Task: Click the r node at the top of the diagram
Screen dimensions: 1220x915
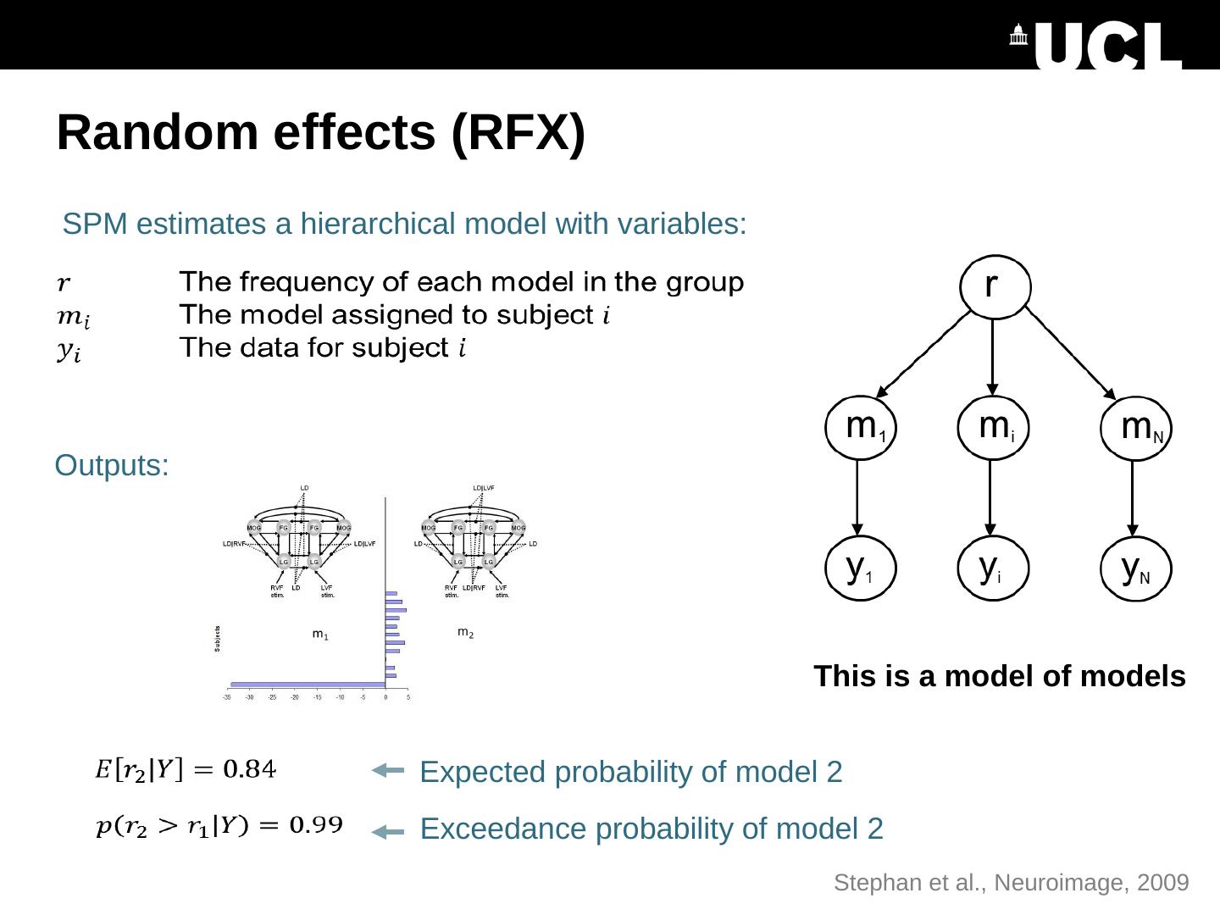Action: pyautogui.click(x=995, y=286)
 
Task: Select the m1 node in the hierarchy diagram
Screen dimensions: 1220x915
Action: pyautogui.click(x=861, y=427)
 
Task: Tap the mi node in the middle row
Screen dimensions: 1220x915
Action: pyautogui.click(x=993, y=427)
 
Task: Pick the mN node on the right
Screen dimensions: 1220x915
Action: pyautogui.click(x=1137, y=429)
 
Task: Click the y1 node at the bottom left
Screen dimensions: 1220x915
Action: pyautogui.click(x=860, y=568)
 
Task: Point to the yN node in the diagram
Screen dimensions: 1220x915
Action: pyautogui.click(x=1136, y=568)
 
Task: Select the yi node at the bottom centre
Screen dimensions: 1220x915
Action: pyautogui.click(x=992, y=568)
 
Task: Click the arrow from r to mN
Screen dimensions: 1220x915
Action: pyautogui.click(x=1070, y=352)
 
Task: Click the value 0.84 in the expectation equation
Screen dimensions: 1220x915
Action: pyautogui.click(x=249, y=769)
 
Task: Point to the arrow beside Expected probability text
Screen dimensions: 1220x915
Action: pyautogui.click(x=388, y=770)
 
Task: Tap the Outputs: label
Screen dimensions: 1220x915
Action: pyautogui.click(x=112, y=466)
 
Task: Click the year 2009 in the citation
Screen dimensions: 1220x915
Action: pyautogui.click(x=1163, y=883)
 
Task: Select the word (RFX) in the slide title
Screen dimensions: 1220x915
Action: pyautogui.click(x=518, y=133)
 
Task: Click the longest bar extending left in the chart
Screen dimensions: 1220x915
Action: pyautogui.click(x=308, y=684)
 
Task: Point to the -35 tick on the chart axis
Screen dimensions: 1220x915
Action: pyautogui.click(x=227, y=697)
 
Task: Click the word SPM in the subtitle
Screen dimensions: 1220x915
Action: pyautogui.click(x=95, y=225)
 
